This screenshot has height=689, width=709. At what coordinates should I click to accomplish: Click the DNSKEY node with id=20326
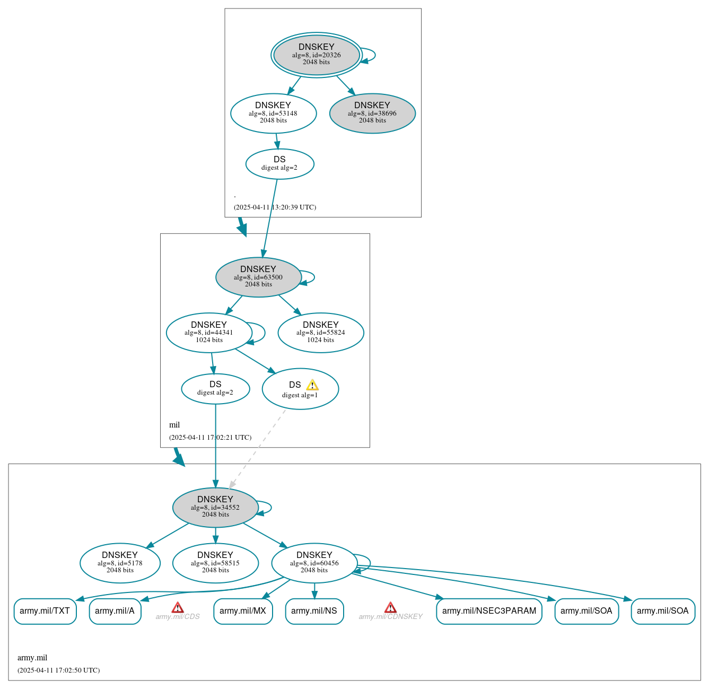pyautogui.click(x=317, y=55)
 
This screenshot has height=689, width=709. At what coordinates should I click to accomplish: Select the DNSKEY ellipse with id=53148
pyautogui.click(x=273, y=113)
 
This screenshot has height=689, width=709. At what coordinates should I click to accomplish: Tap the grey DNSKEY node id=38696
pyautogui.click(x=372, y=113)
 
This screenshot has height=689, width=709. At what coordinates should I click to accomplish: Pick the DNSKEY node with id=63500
pyautogui.click(x=258, y=277)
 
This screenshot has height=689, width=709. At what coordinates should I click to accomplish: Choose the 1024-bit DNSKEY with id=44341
pyautogui.click(x=209, y=333)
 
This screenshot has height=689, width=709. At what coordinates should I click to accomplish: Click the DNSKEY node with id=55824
pyautogui.click(x=321, y=333)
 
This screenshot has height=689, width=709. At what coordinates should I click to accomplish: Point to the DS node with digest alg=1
pyautogui.click(x=300, y=389)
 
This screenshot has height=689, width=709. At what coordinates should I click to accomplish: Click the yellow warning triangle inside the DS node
pyautogui.click(x=312, y=385)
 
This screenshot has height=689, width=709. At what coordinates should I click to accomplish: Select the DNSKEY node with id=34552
pyautogui.click(x=215, y=507)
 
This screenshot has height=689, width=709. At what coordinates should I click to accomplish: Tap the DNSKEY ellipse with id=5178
pyautogui.click(x=120, y=563)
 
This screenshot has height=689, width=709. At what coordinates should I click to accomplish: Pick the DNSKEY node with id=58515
pyautogui.click(x=215, y=563)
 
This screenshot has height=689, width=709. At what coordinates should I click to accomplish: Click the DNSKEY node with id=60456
pyautogui.click(x=314, y=563)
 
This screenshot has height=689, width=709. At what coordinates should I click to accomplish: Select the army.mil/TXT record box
pyautogui.click(x=45, y=611)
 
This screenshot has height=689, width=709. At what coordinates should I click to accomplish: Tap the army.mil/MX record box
pyautogui.click(x=243, y=611)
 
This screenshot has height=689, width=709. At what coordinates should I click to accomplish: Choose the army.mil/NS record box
pyautogui.click(x=314, y=611)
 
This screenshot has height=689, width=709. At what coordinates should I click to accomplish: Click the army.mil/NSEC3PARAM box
pyautogui.click(x=489, y=611)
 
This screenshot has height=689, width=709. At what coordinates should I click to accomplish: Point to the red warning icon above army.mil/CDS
pyautogui.click(x=178, y=607)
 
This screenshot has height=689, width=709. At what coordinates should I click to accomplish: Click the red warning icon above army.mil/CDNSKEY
pyautogui.click(x=390, y=607)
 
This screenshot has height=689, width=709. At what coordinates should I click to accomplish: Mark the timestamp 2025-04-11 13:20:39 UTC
pyautogui.click(x=275, y=207)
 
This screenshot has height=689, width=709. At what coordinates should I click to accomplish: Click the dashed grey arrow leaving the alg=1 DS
pyautogui.click(x=258, y=448)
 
